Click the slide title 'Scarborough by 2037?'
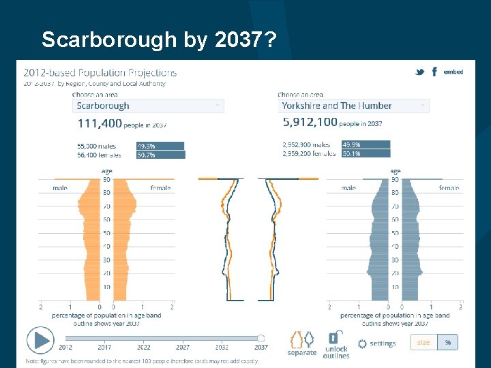[158, 40]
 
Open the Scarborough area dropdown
[148, 106]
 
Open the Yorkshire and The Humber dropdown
[353, 106]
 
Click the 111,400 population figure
[100, 123]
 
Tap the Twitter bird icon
[420, 72]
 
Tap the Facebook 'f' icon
[434, 72]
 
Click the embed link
[453, 72]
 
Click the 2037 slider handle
[261, 338]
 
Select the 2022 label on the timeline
[144, 348]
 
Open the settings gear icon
[362, 343]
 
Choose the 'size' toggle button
[423, 342]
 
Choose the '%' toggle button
[447, 342]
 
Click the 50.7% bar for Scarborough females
[160, 155]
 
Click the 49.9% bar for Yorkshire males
[366, 144]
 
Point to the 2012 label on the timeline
[65, 348]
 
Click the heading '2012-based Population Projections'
[100, 73]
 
